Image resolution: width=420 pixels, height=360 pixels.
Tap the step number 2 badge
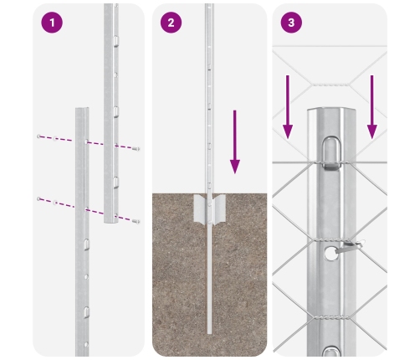tap(172, 23)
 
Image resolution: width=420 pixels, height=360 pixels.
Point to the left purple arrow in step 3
tap(288, 105)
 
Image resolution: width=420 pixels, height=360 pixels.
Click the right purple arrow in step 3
tap(371, 105)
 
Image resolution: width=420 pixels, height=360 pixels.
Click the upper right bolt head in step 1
tap(137, 148)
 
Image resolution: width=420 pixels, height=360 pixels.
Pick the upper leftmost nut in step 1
tap(39, 136)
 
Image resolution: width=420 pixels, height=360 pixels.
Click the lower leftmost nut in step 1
tap(38, 198)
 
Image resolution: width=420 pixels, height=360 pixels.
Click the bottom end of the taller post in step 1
tap(110, 221)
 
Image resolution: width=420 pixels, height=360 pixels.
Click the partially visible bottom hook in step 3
tap(330, 352)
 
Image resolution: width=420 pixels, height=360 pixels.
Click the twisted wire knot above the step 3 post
tap(330, 84)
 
